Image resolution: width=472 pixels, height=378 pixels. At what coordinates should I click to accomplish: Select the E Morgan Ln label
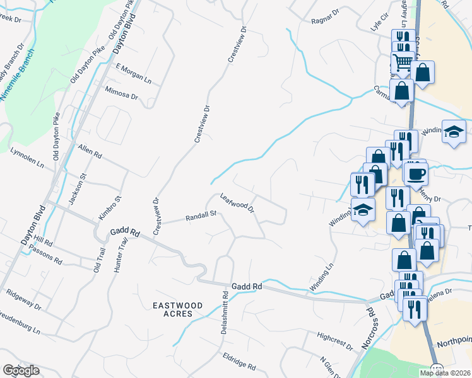pos(133,73)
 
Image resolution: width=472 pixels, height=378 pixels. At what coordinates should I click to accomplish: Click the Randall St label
pos(201,216)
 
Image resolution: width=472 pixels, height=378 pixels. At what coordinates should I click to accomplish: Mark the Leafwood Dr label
pos(237,203)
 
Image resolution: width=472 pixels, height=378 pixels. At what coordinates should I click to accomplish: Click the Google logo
pos(21,370)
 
